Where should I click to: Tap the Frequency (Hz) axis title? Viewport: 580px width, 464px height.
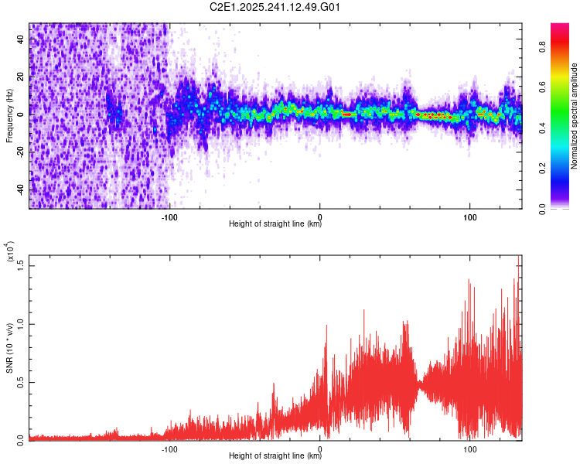tap(9, 115)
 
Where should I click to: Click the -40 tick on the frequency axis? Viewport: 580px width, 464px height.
tap(22, 189)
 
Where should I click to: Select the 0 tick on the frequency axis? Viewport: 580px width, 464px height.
tap(22, 114)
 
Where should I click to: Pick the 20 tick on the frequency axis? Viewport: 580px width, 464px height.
tap(22, 77)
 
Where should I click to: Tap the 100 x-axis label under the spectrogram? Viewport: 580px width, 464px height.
tap(469, 216)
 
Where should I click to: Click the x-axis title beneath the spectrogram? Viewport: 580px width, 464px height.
tap(275, 224)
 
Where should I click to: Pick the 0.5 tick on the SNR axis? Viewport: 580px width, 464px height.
tap(22, 381)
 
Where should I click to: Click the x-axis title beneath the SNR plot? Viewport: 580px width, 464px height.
tap(275, 456)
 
